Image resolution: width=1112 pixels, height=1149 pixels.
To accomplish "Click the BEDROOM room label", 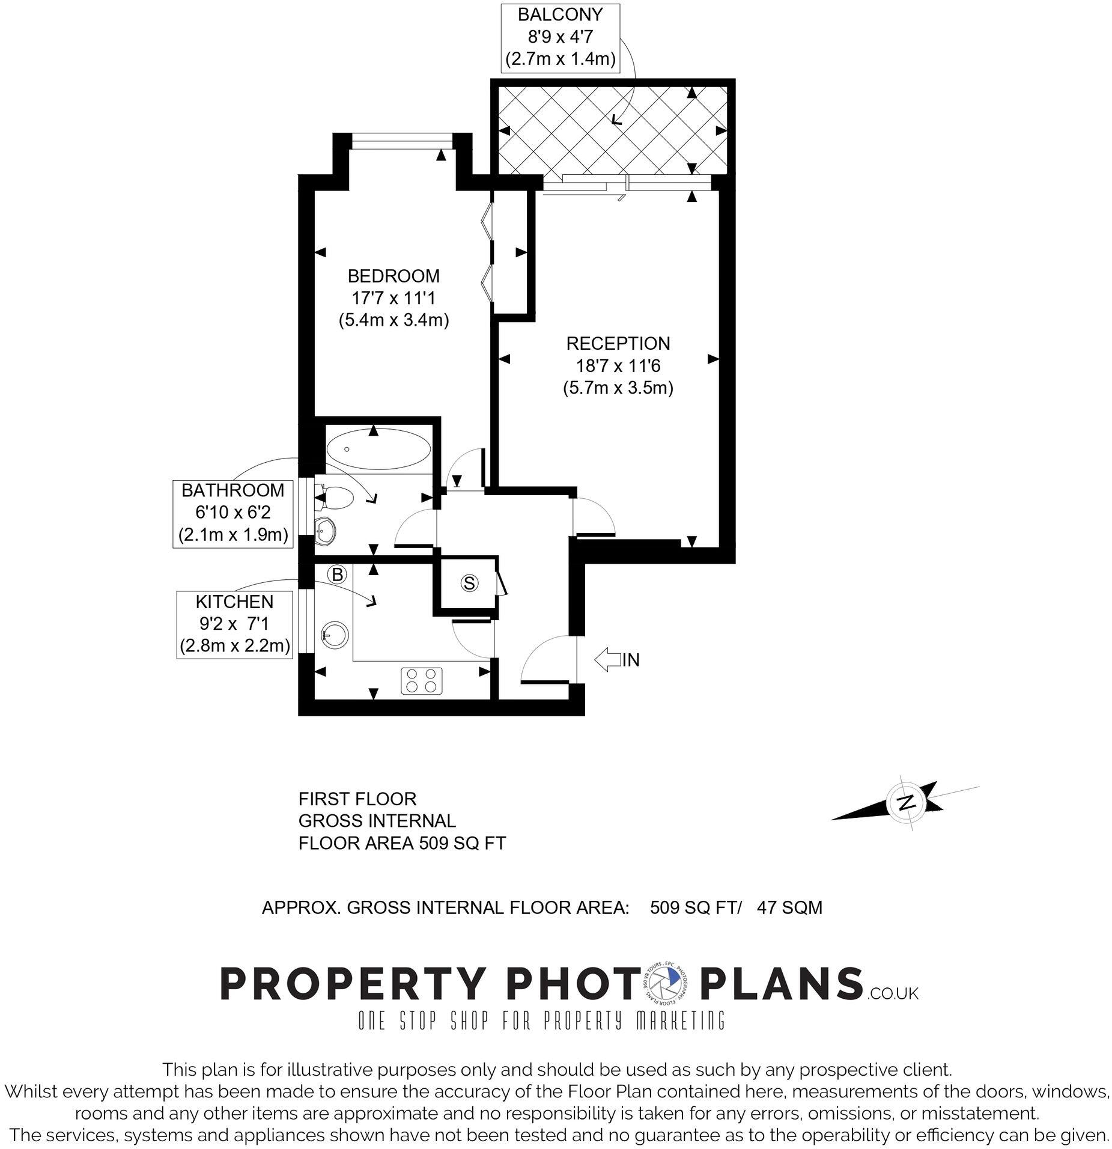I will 393,276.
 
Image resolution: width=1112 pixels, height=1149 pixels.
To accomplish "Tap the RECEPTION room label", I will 618,344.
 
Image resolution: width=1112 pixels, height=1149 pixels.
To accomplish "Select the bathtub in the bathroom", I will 378,449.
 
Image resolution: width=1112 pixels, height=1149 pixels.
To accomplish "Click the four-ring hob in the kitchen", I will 421,681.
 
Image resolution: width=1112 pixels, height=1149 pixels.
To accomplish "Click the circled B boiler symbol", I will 338,574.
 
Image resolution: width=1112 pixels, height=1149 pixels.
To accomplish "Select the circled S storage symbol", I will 469,582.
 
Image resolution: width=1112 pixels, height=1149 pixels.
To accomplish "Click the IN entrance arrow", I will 608,659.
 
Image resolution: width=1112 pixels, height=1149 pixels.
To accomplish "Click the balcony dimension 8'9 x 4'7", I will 560,37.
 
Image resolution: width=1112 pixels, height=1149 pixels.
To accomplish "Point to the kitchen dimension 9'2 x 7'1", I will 234,623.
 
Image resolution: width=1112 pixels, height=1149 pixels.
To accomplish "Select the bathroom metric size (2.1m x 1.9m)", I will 233,534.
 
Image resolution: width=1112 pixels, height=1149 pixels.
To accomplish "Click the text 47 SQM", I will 789,907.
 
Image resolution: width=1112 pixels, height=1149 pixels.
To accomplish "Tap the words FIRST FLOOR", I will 357,799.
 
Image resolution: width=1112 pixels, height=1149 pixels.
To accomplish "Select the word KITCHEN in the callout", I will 234,601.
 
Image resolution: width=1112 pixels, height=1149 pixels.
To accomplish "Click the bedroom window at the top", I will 401,141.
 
